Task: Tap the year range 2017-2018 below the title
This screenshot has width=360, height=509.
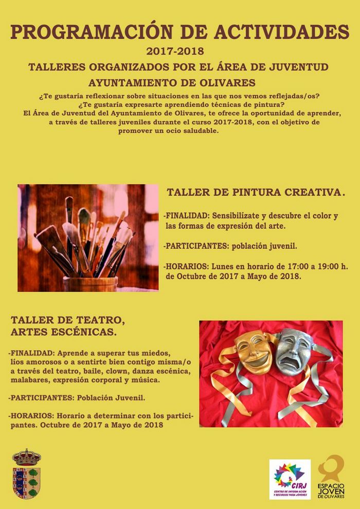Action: click(175, 51)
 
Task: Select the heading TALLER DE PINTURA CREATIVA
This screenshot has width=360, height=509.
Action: click(255, 192)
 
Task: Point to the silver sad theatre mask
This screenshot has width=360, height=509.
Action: click(295, 352)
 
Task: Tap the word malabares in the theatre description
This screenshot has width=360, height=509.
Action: click(28, 380)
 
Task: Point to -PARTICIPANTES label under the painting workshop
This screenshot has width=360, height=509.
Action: click(192, 246)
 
